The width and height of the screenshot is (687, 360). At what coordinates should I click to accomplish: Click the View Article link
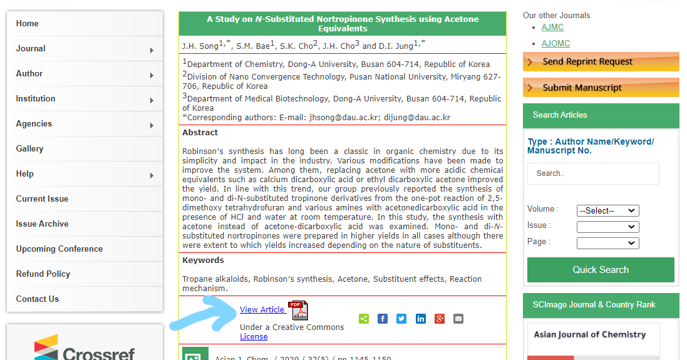point(262,310)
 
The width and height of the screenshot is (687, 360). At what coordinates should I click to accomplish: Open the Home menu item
point(28,24)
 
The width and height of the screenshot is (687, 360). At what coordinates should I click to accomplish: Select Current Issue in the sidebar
point(42,199)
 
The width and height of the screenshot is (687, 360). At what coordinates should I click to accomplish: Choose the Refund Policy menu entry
point(43,274)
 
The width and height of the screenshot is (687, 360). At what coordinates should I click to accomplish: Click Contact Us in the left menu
point(38,299)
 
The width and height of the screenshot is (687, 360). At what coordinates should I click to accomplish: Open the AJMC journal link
point(552,28)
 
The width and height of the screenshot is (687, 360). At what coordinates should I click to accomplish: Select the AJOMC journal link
point(555,44)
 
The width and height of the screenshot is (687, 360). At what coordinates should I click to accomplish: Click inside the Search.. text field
point(592,174)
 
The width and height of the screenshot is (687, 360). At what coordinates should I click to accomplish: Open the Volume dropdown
point(607,211)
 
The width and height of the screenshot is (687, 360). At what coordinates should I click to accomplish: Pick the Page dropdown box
point(607,242)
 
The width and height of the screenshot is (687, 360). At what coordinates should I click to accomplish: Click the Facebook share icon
point(383,319)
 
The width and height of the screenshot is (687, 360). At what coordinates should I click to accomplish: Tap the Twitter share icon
point(401,319)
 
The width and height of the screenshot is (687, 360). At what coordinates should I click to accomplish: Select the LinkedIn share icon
point(421,319)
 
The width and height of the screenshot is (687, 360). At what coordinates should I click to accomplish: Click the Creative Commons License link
point(254,337)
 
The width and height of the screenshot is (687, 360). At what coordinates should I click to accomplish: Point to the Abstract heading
point(200,133)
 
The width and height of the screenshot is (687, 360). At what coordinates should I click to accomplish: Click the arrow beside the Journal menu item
point(152,50)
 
